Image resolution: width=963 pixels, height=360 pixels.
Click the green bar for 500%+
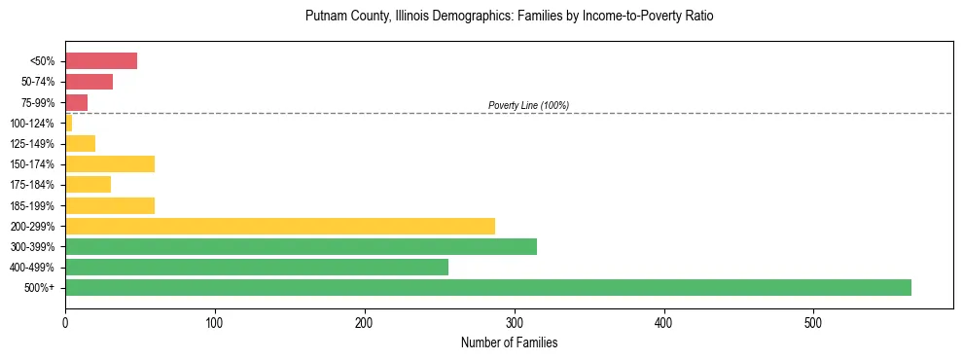pyautogui.click(x=487, y=287)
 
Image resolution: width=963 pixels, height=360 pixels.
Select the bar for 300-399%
pyautogui.click(x=301, y=246)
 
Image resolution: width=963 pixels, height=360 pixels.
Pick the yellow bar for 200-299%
pyautogui.click(x=279, y=226)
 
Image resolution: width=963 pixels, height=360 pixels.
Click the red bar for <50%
pyautogui.click(x=100, y=61)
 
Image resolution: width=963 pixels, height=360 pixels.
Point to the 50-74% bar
pyautogui.click(x=89, y=82)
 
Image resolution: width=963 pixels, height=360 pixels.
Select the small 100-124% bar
pyautogui.click(x=68, y=123)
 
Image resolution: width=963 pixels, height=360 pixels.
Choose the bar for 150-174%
pyautogui.click(x=109, y=163)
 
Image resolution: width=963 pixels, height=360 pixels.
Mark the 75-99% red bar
pyautogui.click(x=76, y=102)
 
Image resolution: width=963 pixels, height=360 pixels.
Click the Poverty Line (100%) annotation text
pyautogui.click(x=528, y=105)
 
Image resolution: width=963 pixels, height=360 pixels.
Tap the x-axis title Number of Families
pyautogui.click(x=509, y=343)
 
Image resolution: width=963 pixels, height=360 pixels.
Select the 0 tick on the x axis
pyautogui.click(x=65, y=323)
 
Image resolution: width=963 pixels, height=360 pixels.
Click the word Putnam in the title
pyautogui.click(x=326, y=17)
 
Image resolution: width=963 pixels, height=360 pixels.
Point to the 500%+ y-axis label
pyautogui.click(x=42, y=288)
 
